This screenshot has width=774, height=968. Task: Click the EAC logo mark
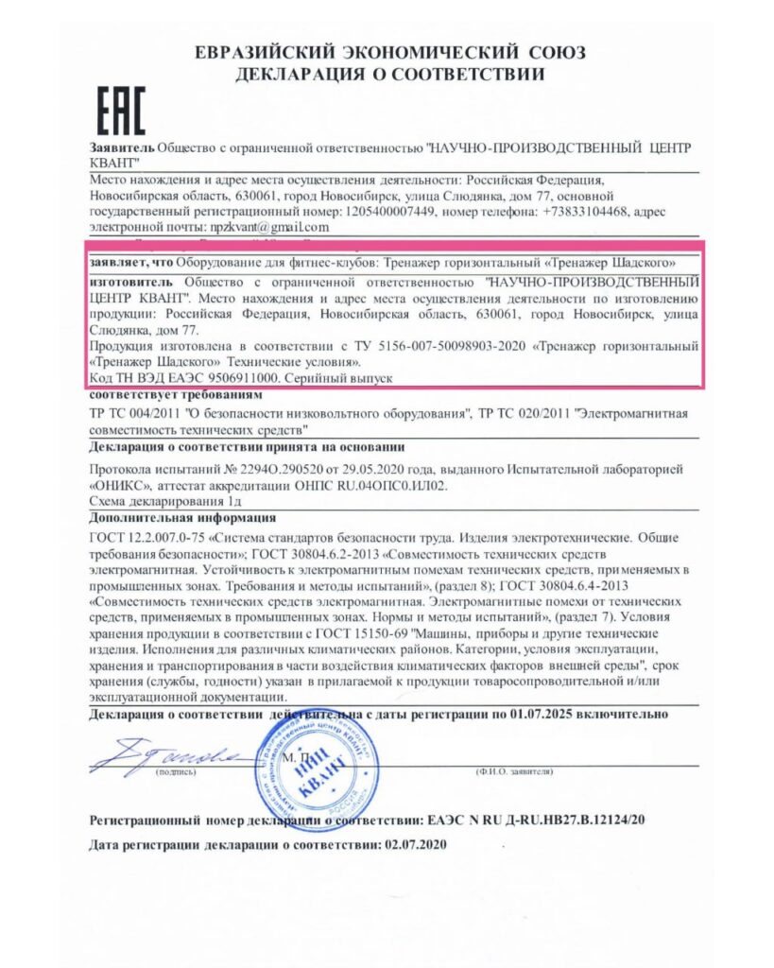pyautogui.click(x=122, y=111)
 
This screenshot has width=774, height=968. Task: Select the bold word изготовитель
pyautogui.click(x=130, y=282)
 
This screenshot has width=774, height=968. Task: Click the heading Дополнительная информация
pyautogui.click(x=182, y=517)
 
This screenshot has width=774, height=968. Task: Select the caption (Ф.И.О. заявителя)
pyautogui.click(x=513, y=772)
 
